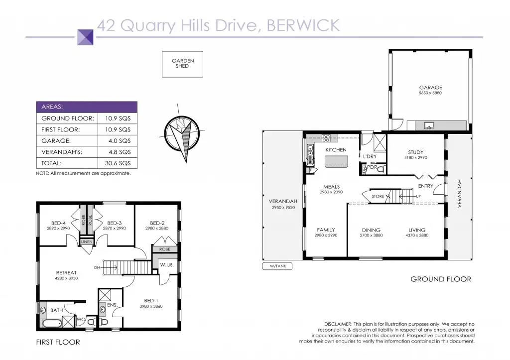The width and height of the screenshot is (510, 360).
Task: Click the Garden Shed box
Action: [182, 64]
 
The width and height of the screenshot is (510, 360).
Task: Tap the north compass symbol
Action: [181, 133]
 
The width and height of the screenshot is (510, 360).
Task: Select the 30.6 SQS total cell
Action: [118, 163]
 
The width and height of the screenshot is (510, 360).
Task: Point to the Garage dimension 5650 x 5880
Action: [430, 93]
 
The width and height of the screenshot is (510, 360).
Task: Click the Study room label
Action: [416, 152]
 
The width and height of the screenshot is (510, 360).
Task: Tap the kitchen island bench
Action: [337, 161]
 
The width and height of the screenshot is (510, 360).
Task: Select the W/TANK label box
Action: [277, 266]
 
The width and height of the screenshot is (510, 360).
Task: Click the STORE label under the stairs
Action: [378, 196]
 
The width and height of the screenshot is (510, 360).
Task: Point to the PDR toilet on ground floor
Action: [382, 169]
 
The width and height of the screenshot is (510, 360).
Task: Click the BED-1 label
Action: [151, 300]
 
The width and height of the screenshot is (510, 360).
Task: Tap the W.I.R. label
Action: [167, 265]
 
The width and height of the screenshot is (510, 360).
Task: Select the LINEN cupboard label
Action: [87, 241]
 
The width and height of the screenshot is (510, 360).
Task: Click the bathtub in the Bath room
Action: [52, 324]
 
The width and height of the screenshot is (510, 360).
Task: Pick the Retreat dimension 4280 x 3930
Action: [66, 278]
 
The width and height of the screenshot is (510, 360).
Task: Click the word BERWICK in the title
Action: [303, 25]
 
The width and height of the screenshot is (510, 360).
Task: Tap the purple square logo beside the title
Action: [85, 37]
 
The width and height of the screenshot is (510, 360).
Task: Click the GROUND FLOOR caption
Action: [441, 279]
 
